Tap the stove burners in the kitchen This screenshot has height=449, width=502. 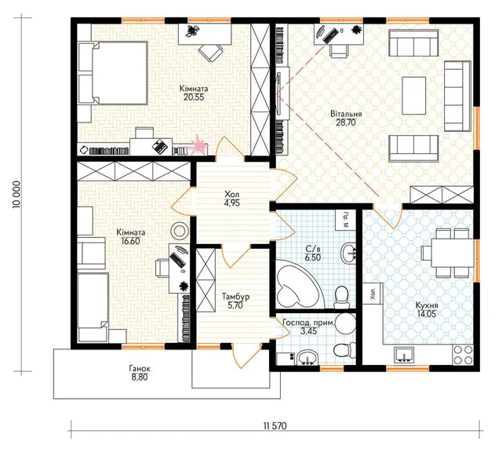(x=462, y=355)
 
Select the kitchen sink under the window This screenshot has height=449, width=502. (x=404, y=355)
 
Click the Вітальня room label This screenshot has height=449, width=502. (x=346, y=115)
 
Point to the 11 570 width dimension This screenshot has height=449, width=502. (x=275, y=426)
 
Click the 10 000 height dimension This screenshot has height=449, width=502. (x=16, y=195)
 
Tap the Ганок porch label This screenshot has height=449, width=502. (x=140, y=369)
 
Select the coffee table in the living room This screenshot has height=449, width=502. (x=414, y=95)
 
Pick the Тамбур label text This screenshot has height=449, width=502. (x=236, y=297)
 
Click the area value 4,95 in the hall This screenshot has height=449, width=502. (x=232, y=203)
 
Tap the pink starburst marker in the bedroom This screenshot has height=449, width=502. (x=198, y=145)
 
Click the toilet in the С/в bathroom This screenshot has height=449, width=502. (x=341, y=296)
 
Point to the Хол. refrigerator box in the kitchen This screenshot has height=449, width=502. (x=373, y=293)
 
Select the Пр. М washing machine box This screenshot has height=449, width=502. (x=346, y=219)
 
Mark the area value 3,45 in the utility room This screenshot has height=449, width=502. (x=308, y=331)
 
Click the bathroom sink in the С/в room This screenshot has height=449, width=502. (x=349, y=252)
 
